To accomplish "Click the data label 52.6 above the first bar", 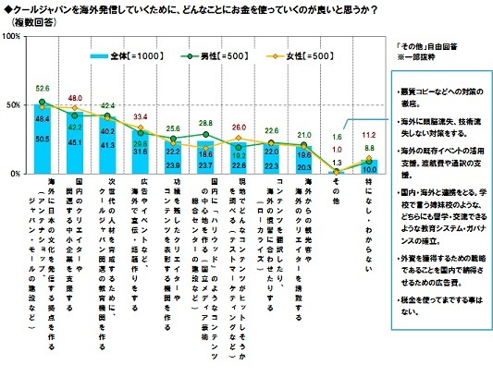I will pyautogui.click(x=43, y=89).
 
